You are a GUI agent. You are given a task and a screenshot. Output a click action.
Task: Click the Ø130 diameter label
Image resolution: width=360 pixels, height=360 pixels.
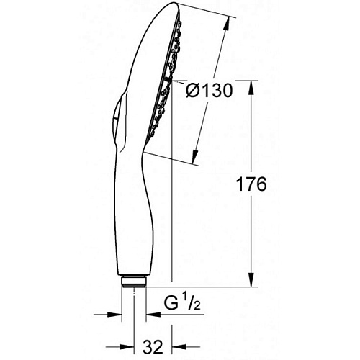[210, 91]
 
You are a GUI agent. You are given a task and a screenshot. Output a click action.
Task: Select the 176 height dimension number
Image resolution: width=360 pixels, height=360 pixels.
[251, 184]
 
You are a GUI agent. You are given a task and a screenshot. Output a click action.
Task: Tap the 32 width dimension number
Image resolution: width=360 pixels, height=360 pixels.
[153, 347]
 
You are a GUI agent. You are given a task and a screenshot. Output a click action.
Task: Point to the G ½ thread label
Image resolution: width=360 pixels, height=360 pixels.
[182, 303]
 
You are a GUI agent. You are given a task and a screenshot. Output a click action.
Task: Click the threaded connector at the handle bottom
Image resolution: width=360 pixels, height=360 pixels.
[134, 282]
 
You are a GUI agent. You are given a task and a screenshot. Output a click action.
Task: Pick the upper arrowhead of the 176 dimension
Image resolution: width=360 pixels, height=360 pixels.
[251, 88]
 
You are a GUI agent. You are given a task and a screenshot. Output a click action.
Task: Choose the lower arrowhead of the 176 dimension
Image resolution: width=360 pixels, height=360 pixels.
[251, 279]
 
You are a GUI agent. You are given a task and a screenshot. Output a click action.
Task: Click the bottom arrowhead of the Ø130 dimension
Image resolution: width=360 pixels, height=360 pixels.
[196, 156]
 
